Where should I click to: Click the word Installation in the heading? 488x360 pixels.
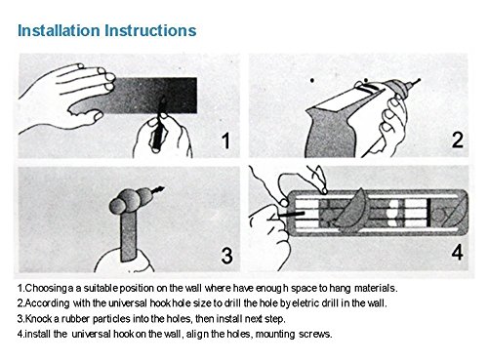tap(59, 30)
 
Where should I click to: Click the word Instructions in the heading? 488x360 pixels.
tap(150, 30)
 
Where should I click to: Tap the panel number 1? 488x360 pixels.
tap(225, 140)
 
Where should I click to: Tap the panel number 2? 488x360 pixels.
tap(458, 140)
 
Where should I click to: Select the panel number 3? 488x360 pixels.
tap(226, 255)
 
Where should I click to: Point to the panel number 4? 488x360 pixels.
tap(457, 253)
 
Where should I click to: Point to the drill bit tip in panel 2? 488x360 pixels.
tap(419, 79)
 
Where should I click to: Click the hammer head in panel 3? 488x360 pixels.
tap(131, 200)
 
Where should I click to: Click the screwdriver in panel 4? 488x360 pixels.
tap(290, 215)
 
